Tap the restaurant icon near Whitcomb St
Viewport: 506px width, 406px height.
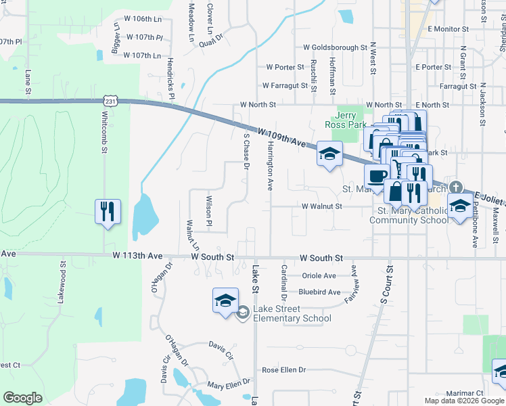click(x=108, y=212)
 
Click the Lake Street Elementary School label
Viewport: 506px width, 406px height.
click(x=292, y=314)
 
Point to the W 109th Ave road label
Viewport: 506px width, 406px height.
click(x=281, y=137)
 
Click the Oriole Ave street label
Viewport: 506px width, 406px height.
click(x=319, y=276)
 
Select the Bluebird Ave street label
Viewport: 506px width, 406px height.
click(x=319, y=292)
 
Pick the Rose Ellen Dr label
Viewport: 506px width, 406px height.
click(x=284, y=370)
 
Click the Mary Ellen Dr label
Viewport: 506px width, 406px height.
click(x=229, y=385)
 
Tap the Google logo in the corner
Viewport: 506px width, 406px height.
click(x=22, y=398)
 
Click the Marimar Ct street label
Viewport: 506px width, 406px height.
click(x=465, y=392)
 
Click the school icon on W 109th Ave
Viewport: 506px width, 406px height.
click(x=329, y=155)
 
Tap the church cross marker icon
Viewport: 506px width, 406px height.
click(x=457, y=187)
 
